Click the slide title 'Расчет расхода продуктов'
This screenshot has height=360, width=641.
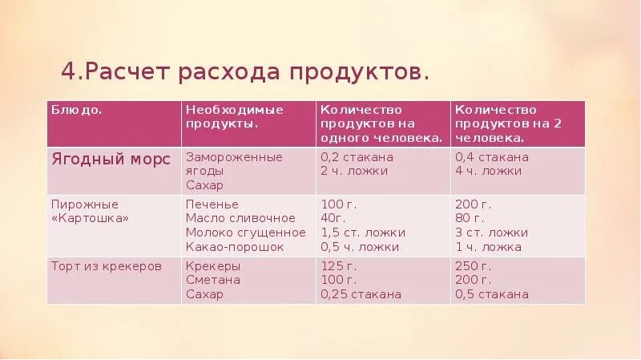(x=245, y=72)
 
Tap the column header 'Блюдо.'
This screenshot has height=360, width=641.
(x=76, y=110)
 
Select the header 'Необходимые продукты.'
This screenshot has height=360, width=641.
(x=235, y=117)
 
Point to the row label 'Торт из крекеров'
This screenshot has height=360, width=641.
(x=106, y=265)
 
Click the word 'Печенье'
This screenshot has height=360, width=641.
(x=212, y=204)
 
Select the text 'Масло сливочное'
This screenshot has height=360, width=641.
(x=240, y=218)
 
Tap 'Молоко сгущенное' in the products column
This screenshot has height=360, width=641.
(x=245, y=233)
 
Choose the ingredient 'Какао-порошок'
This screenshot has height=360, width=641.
(x=235, y=247)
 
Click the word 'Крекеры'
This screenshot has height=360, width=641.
(x=213, y=265)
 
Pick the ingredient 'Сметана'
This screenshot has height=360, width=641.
(x=212, y=280)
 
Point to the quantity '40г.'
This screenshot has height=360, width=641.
(x=333, y=218)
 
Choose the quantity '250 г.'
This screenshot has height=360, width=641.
(x=473, y=265)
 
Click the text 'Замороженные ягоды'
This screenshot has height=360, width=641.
(x=234, y=164)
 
